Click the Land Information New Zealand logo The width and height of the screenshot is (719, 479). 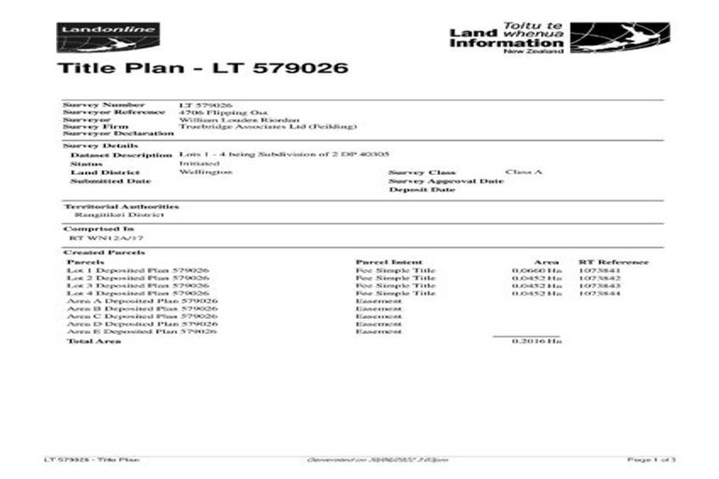(558, 38)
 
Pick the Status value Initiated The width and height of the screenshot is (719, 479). (196, 163)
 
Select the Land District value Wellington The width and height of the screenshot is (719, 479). (204, 172)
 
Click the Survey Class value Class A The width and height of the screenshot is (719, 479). (523, 172)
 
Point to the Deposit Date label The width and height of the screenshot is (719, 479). (422, 190)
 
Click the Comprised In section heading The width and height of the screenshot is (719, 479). (98, 228)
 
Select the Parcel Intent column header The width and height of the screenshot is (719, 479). (389, 262)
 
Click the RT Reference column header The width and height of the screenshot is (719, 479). (613, 262)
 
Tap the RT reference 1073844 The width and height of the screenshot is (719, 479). (599, 294)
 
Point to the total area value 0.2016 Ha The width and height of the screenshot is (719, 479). (536, 341)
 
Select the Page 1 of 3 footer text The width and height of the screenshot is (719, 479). (652, 460)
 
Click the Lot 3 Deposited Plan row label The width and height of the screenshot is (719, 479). (139, 285)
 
